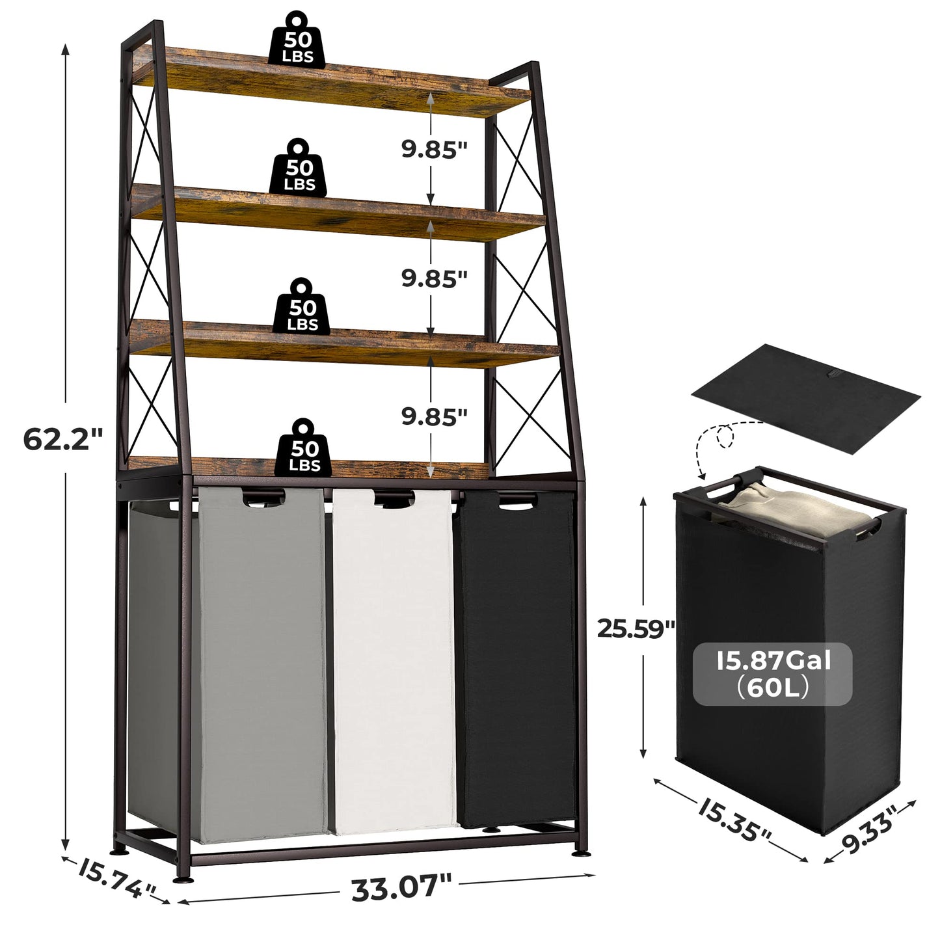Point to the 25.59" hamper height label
point(636,629)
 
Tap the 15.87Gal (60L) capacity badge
point(773,675)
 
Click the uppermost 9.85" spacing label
point(434,149)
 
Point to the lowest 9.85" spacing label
point(434,416)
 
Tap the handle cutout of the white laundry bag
point(395,500)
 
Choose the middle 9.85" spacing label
point(434,278)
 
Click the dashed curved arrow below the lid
point(722,442)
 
